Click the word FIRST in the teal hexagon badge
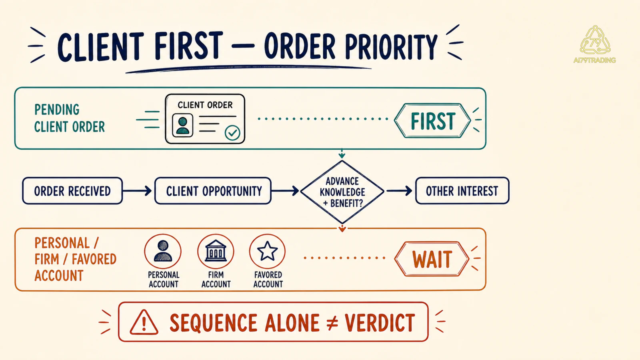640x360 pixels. click(433, 121)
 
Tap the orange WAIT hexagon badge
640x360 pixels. click(432, 259)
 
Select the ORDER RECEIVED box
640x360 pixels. click(72, 190)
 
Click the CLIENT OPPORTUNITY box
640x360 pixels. click(213, 190)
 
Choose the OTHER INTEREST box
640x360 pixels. click(462, 190)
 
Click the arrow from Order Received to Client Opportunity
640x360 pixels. click(137, 190)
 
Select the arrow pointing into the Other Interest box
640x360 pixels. click(400, 190)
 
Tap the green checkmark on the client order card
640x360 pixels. click(232, 132)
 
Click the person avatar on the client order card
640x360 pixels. click(182, 126)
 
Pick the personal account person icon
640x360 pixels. click(162, 251)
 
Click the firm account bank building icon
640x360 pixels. click(216, 251)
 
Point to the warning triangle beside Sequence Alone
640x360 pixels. click(144, 322)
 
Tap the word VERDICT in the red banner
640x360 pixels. click(380, 323)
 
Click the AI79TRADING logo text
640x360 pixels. click(594, 60)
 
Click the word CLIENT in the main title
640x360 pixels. click(100, 47)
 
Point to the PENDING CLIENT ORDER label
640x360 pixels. click(70, 118)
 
